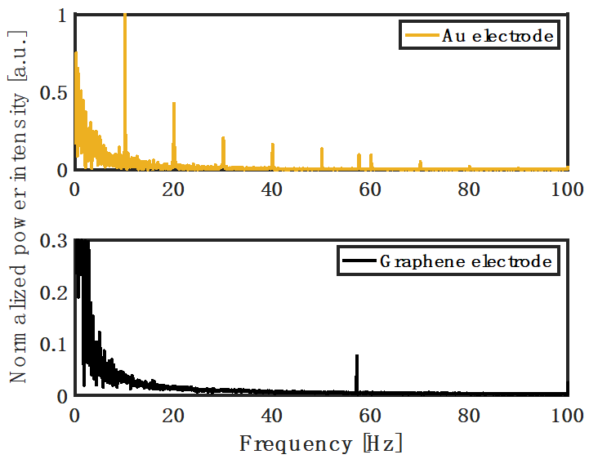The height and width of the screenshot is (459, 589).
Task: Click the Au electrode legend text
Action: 498,36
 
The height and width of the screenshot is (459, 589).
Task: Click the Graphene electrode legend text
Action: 466,262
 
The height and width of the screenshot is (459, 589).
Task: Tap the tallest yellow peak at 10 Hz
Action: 124,16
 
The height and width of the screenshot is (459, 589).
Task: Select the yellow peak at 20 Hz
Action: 174,104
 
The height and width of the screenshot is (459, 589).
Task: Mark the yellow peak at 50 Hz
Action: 322,149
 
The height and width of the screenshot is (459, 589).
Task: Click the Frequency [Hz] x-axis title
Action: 321,444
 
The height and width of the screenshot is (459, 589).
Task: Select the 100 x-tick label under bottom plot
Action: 568,415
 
